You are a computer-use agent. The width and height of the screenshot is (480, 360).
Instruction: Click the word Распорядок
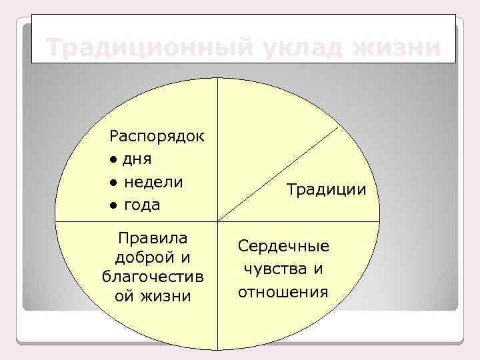tap(157, 137)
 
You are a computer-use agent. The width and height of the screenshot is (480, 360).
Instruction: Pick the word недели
tap(153, 182)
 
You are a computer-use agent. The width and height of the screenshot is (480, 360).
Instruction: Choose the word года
tap(142, 205)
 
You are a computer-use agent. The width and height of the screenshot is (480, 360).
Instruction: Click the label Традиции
tap(327, 189)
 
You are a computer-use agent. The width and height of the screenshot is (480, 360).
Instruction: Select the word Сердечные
tap(283, 246)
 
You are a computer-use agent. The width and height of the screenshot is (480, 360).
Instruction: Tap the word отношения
tap(284, 291)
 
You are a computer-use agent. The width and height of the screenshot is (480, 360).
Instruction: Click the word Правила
tap(152, 238)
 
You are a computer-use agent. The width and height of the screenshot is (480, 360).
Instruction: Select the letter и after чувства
tap(318, 269)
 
